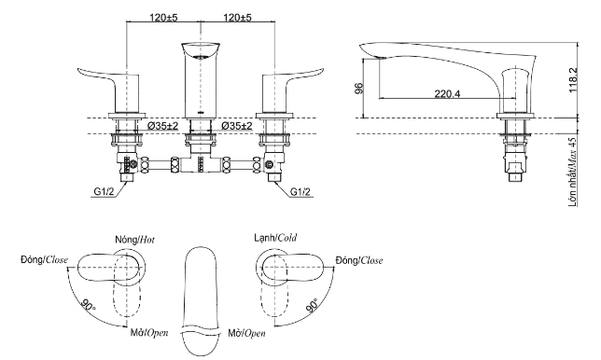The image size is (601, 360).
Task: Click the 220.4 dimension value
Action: point(447,93)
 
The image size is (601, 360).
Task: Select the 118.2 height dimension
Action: point(572,79)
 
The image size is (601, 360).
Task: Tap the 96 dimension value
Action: point(358,89)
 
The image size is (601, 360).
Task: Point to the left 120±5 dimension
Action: point(163,17)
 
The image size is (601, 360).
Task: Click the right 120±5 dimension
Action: point(237,17)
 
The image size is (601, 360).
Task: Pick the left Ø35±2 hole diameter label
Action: point(163,126)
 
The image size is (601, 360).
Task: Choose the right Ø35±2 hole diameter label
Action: point(237,126)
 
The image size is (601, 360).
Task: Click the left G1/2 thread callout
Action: point(104,192)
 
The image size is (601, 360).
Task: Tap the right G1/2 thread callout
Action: point(300,192)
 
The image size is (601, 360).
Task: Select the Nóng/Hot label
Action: point(135,240)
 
